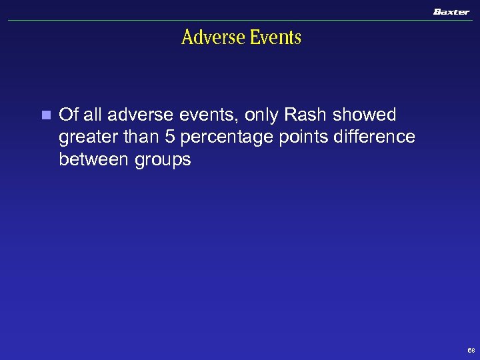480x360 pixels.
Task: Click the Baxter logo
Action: (451, 11)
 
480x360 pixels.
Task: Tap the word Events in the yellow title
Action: (275, 37)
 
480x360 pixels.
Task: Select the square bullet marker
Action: (45, 115)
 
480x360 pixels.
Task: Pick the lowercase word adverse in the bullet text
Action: (137, 115)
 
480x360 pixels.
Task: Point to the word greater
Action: (85, 138)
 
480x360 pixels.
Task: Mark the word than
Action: (133, 137)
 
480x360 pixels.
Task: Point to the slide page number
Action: (471, 349)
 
